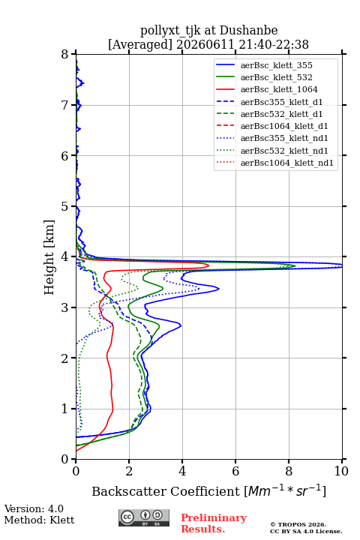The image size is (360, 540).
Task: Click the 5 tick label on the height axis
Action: click(x=65, y=207)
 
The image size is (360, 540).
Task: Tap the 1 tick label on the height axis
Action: click(x=65, y=409)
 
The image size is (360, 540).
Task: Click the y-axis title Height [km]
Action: click(x=49, y=257)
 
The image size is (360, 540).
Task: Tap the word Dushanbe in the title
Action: click(x=248, y=31)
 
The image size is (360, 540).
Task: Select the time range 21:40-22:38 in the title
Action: click(x=272, y=44)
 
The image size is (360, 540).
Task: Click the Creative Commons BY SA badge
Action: click(x=144, y=518)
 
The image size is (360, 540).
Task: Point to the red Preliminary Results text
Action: click(x=214, y=523)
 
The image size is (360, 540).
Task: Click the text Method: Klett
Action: click(x=39, y=520)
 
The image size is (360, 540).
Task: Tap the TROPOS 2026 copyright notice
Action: click(x=298, y=524)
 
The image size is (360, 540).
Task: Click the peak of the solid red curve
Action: click(x=208, y=265)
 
